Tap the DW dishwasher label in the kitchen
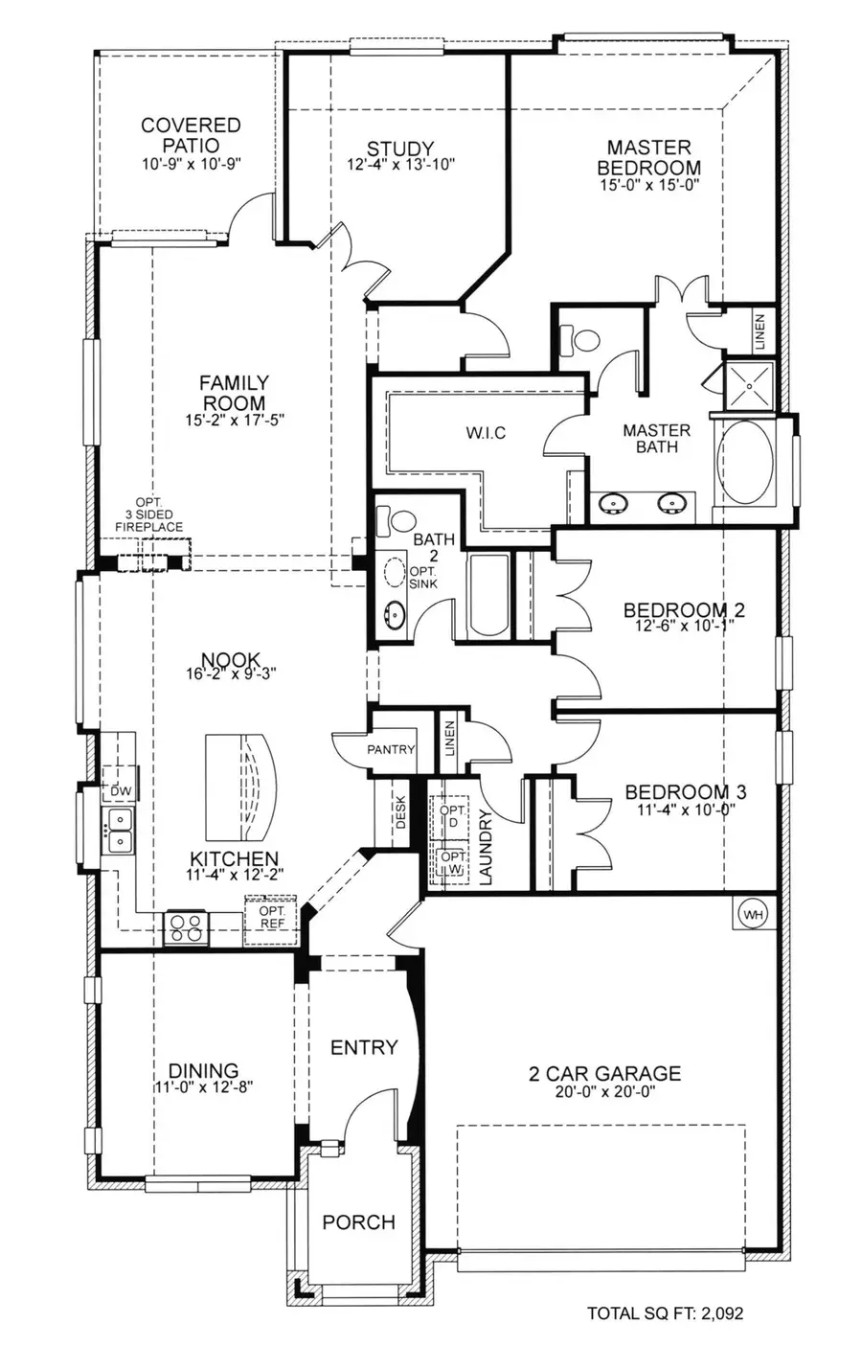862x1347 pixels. [x=120, y=791]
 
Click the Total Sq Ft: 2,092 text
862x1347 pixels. [x=665, y=1313]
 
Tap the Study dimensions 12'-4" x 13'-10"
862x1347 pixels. [x=400, y=165]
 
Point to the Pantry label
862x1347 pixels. [x=391, y=749]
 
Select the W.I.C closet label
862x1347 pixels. [x=486, y=433]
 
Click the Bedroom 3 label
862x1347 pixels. [x=686, y=792]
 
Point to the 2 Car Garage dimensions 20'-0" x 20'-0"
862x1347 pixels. [x=604, y=1091]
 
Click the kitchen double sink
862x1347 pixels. [x=120, y=830]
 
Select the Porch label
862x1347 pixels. [x=358, y=1221]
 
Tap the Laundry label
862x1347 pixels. [x=485, y=847]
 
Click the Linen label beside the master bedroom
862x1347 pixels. [x=760, y=331]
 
